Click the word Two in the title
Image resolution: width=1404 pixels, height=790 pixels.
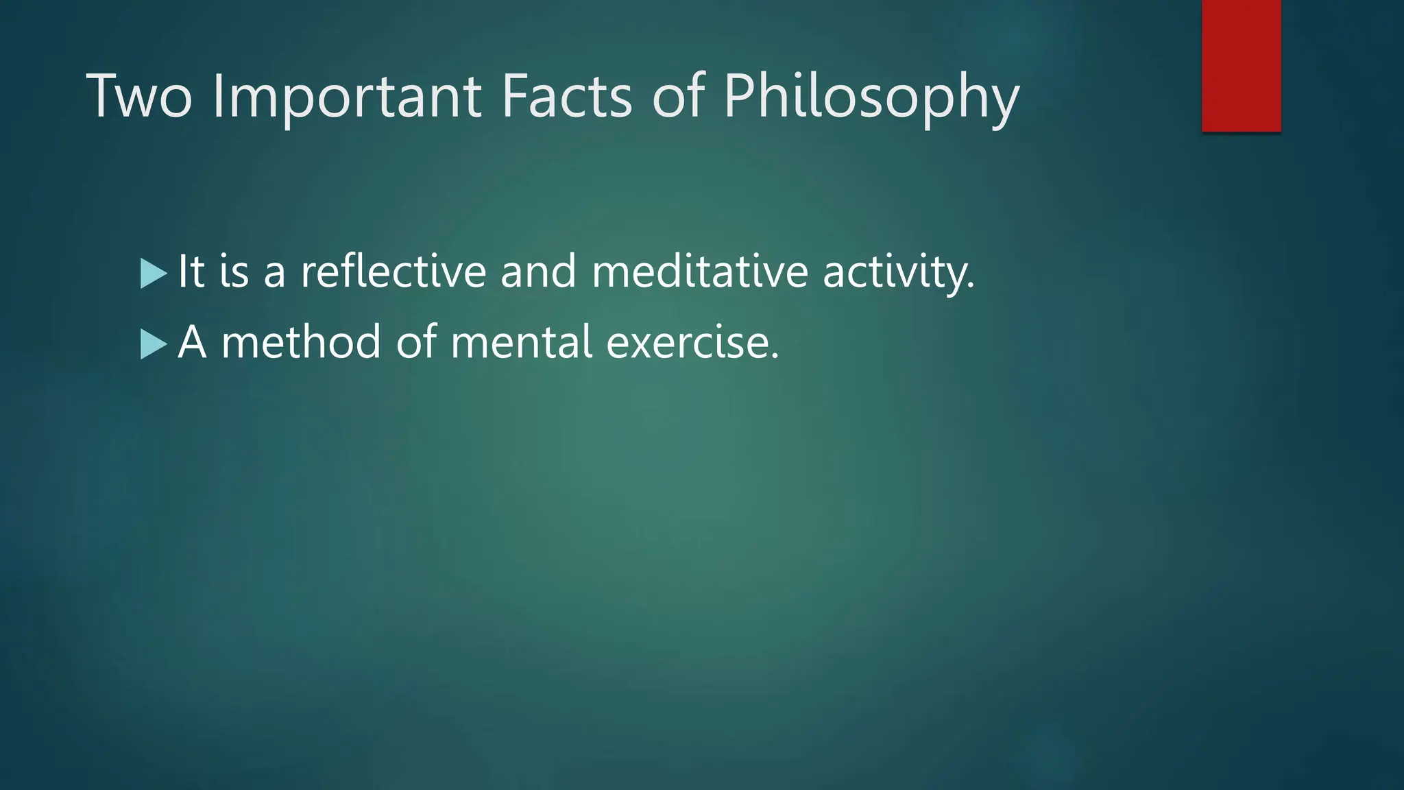click(x=139, y=97)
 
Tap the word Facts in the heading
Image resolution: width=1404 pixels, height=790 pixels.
click(x=566, y=97)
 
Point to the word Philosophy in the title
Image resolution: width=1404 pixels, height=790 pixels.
click(x=871, y=97)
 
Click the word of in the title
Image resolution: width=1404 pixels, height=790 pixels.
click(x=678, y=97)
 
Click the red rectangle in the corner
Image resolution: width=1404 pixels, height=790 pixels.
click(x=1241, y=65)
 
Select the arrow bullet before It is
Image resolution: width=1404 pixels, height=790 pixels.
click(x=153, y=273)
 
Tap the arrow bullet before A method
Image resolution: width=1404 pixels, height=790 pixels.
click(x=153, y=344)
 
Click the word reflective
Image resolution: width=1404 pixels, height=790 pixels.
click(x=394, y=272)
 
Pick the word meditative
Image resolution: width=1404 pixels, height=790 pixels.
click(x=699, y=272)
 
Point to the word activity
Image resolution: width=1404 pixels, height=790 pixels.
click(x=897, y=272)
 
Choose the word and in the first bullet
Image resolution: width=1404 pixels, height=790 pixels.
click(x=538, y=272)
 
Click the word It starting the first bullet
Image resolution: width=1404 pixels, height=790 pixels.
click(x=191, y=272)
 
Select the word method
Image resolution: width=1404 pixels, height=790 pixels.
click(x=301, y=342)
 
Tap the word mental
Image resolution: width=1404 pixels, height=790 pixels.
click(x=521, y=342)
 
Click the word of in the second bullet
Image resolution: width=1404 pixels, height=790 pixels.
click(x=416, y=342)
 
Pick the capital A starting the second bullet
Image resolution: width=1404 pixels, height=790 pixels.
click(x=192, y=342)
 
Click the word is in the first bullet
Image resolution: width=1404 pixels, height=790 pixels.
click(x=234, y=272)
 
